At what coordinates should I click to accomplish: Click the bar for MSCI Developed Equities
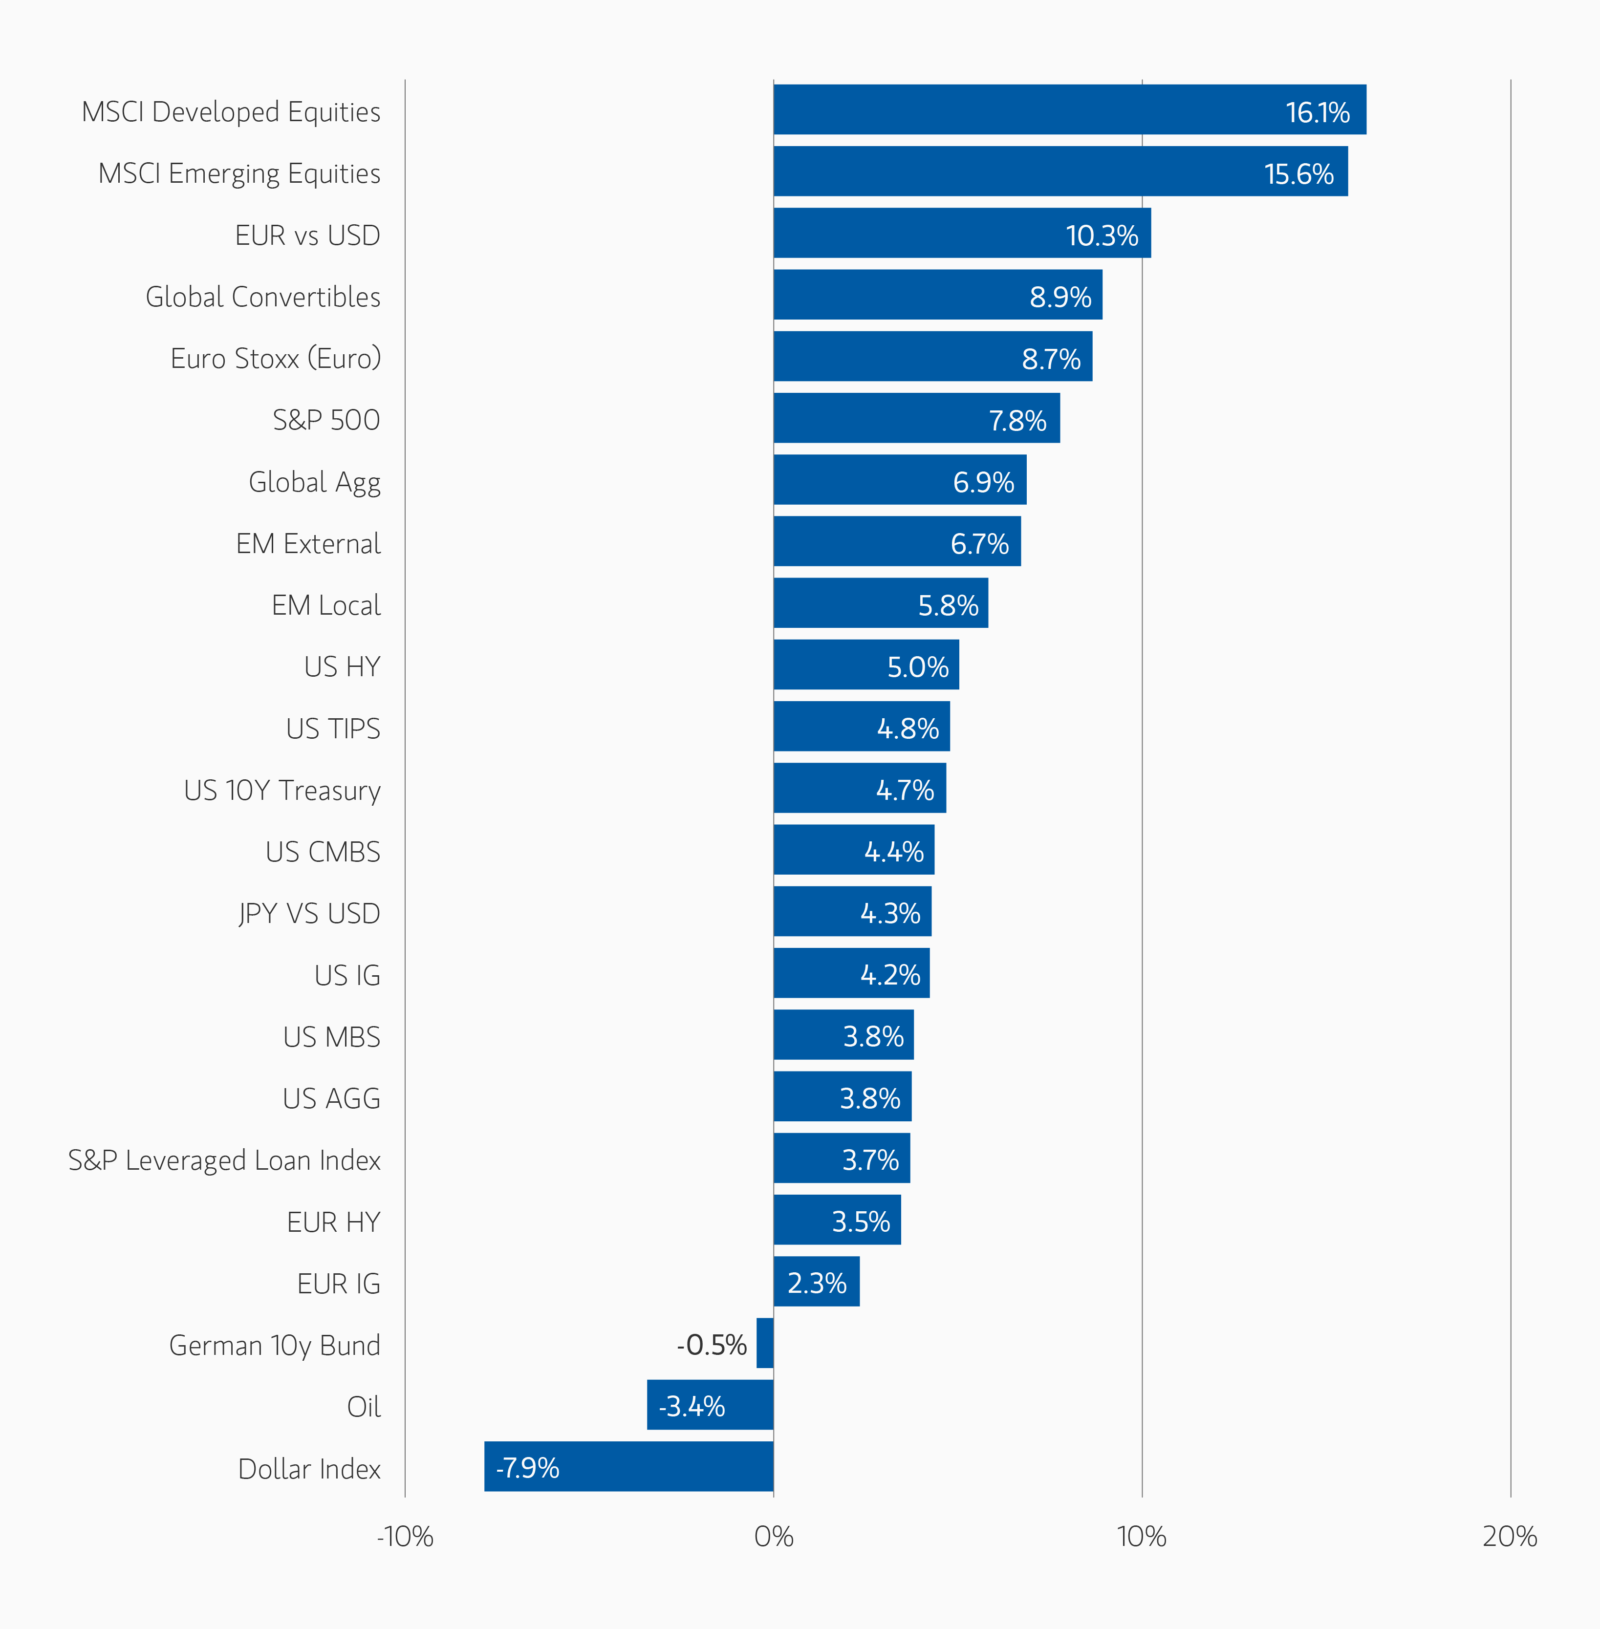pos(1069,109)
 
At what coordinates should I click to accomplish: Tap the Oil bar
pos(710,1405)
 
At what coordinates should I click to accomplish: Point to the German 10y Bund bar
pos(765,1343)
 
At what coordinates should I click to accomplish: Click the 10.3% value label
pos(1102,235)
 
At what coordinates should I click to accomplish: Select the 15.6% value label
pos(1298,174)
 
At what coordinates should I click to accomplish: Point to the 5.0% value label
pos(918,667)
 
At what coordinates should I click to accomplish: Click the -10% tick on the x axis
pos(405,1537)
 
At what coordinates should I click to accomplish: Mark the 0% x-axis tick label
pos(773,1537)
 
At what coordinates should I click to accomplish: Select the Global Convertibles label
pos(263,297)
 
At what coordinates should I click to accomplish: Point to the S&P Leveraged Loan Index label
pos(224,1160)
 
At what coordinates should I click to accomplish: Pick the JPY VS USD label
pos(309,913)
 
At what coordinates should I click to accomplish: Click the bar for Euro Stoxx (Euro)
pos(933,356)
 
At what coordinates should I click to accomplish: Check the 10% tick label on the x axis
pos(1141,1537)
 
